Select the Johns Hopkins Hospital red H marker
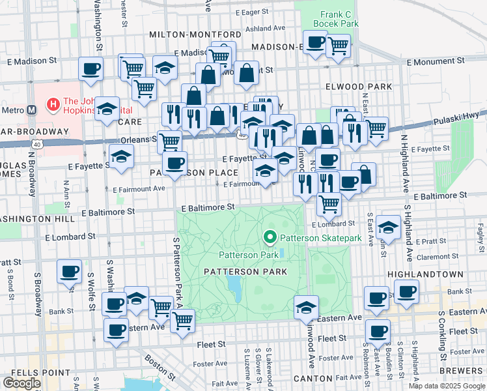tap(52, 103)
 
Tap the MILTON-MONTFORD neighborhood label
tap(195, 34)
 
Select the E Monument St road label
tap(439, 60)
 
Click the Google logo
tap(21, 383)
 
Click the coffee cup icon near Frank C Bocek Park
tap(315, 44)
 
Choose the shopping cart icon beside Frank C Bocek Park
tap(338, 46)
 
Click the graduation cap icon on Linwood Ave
tap(306, 307)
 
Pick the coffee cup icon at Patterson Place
tap(174, 164)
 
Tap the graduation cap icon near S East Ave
tap(388, 227)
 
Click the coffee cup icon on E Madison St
tap(90, 68)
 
